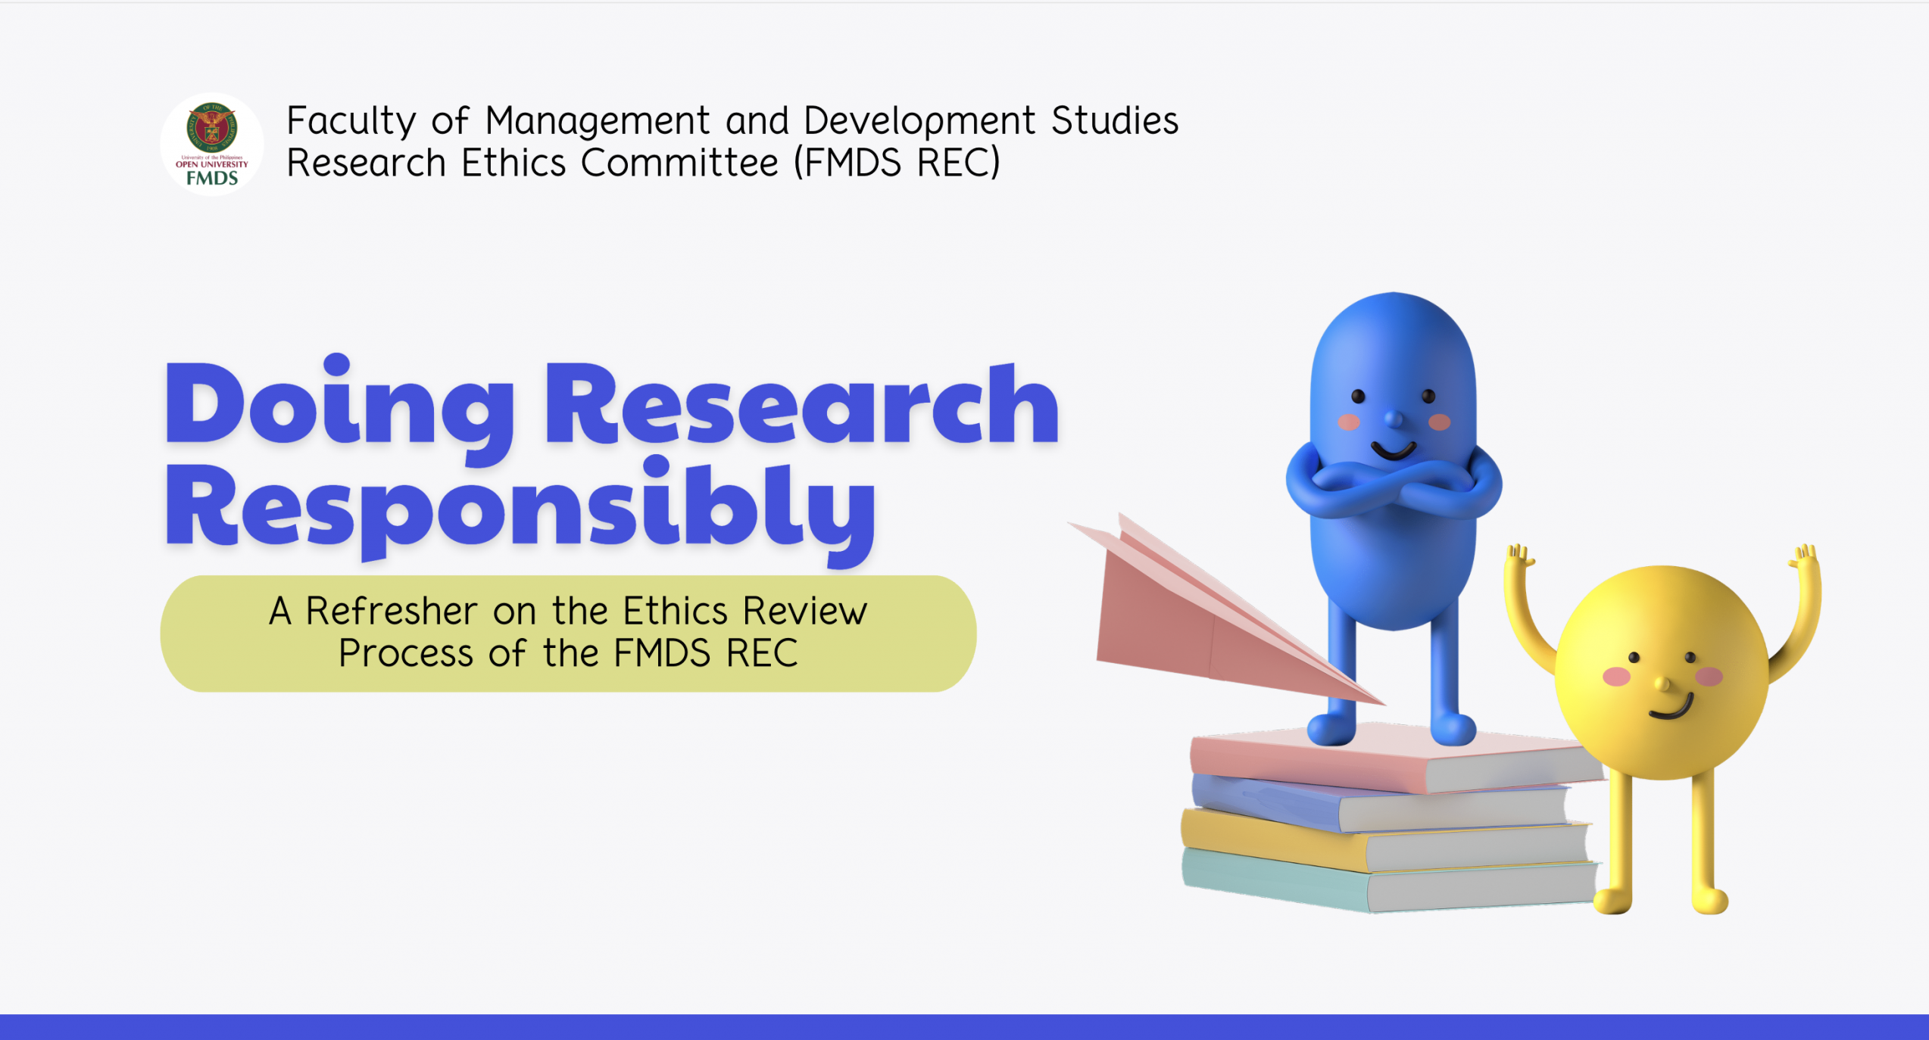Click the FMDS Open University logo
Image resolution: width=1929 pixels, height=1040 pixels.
coord(212,144)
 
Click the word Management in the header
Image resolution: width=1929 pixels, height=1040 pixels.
coord(598,121)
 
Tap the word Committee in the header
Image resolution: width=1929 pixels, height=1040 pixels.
coord(679,163)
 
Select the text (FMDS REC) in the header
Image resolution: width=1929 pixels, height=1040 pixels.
coord(897,163)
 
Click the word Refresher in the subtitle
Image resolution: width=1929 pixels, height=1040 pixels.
coord(392,611)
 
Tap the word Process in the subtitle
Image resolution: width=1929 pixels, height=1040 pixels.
coord(406,654)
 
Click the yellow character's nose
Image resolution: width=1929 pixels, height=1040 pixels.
coord(1663,684)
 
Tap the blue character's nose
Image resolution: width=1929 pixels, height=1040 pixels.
coord(1394,418)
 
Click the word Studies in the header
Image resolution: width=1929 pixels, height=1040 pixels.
coord(1115,121)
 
